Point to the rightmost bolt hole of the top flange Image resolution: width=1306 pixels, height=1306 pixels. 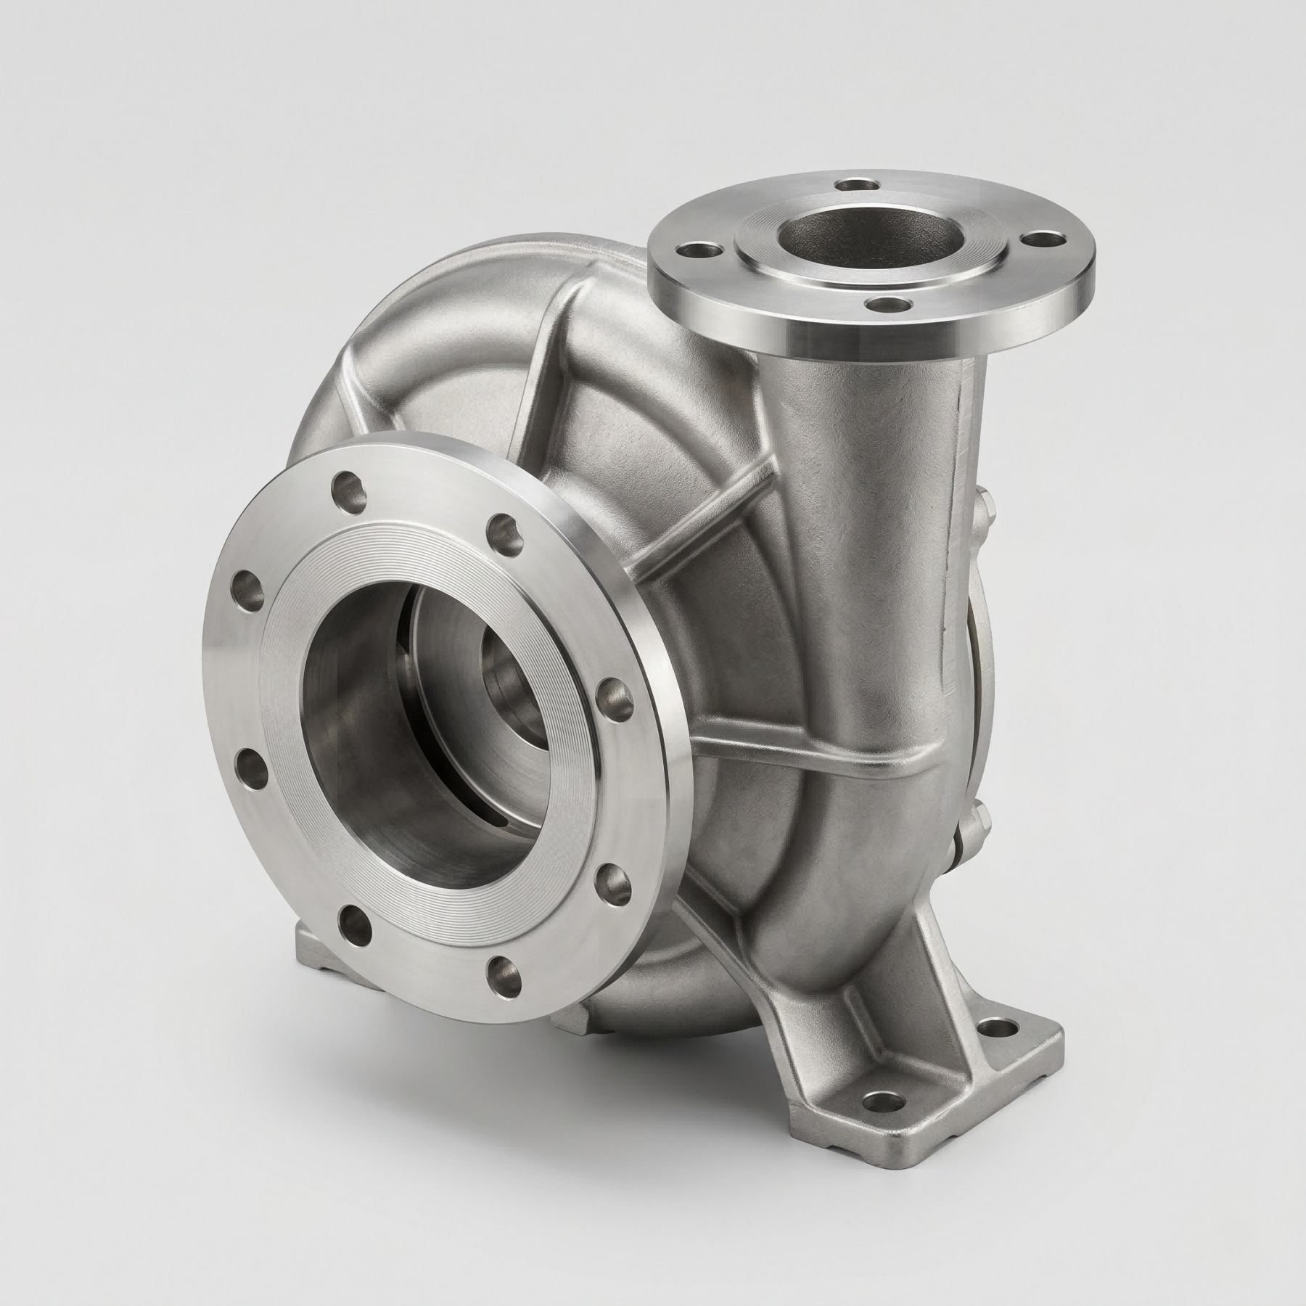1043,239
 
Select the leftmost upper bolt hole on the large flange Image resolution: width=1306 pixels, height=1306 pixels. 245,583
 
